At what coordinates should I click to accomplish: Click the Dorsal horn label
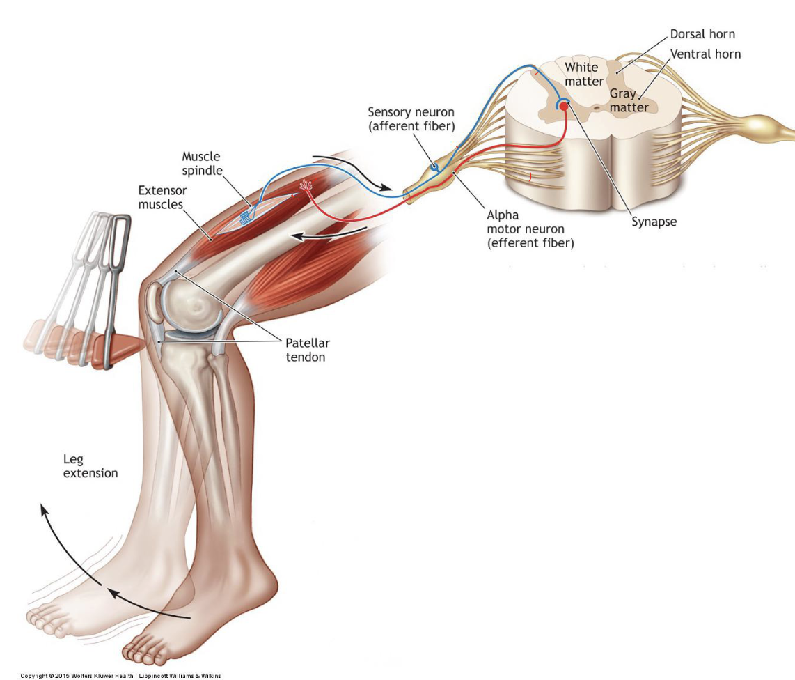(x=702, y=34)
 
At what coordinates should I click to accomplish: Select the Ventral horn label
(x=705, y=54)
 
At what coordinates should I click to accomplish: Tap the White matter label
(x=583, y=75)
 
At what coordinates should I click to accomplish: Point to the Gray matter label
(x=629, y=100)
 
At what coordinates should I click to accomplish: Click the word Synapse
(x=654, y=222)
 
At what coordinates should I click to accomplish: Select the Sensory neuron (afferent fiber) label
(x=411, y=119)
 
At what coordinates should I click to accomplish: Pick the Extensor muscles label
(x=162, y=196)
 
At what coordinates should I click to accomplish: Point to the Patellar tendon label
(x=307, y=350)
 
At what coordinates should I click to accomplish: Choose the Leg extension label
(x=90, y=466)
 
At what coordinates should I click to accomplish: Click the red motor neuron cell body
(x=564, y=106)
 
